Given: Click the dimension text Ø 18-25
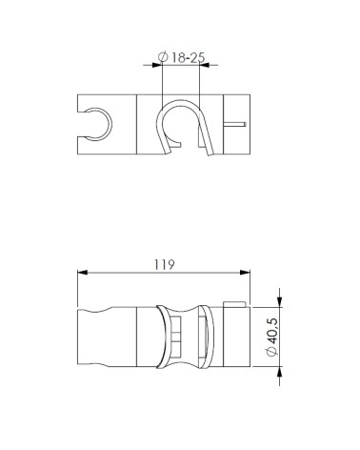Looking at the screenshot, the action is click(182, 57).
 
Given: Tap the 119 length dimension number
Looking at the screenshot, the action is click(165, 264).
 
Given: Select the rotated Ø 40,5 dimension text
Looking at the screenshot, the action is click(272, 337).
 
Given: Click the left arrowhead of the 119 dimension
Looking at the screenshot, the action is click(82, 273).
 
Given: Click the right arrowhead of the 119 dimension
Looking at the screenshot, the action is click(245, 273).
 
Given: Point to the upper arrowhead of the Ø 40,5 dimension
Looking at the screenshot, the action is click(279, 302).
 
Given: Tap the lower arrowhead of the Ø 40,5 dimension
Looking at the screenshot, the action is click(279, 371).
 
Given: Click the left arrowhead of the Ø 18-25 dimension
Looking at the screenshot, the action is click(157, 65).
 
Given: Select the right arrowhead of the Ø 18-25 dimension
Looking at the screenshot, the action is click(204, 65).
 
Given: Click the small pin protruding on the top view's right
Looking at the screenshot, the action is click(235, 124).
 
